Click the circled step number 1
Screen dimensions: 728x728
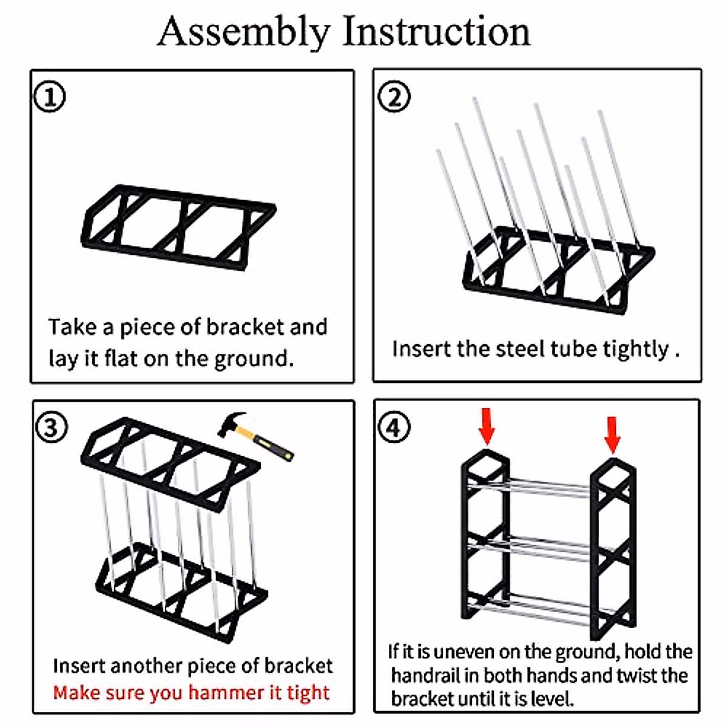click(49, 97)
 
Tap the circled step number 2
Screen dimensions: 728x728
click(394, 97)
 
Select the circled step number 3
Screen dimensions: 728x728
click(51, 428)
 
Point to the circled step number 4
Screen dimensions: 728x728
click(394, 427)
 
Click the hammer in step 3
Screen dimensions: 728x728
click(255, 434)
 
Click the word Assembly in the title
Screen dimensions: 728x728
click(244, 32)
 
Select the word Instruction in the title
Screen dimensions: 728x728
click(436, 32)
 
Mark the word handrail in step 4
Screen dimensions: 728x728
click(425, 675)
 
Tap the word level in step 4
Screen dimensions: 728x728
click(551, 699)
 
